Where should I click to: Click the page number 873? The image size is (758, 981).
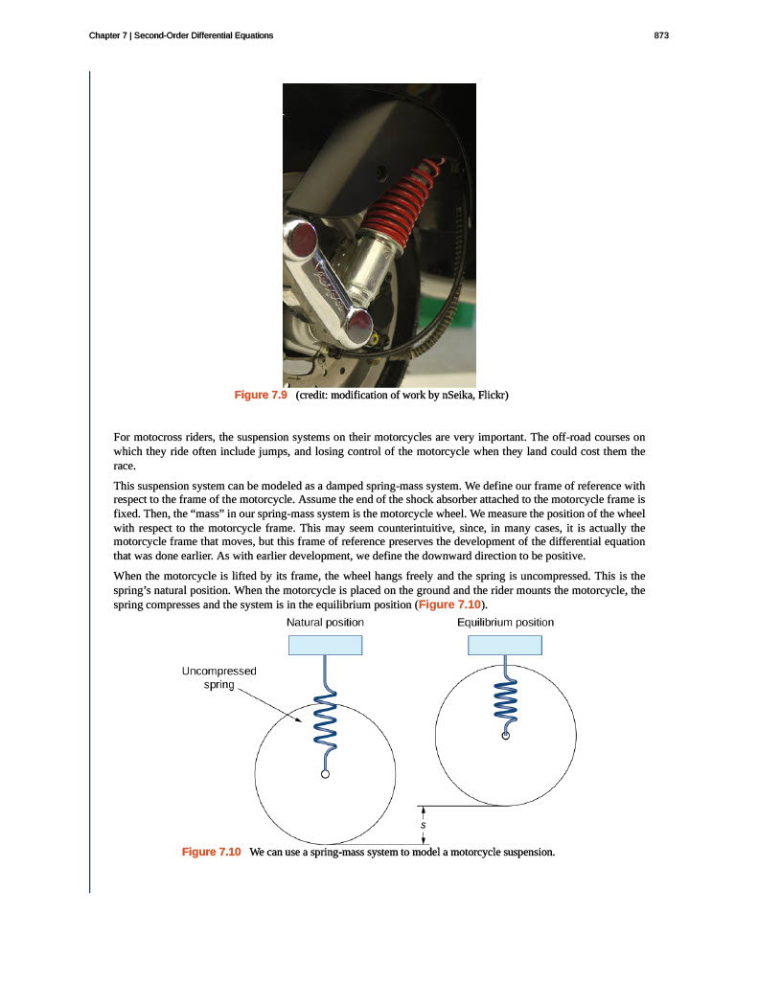660,35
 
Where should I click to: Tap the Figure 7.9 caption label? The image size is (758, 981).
261,396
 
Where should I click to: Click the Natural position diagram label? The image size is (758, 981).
325,623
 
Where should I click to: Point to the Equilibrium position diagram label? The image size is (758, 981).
505,623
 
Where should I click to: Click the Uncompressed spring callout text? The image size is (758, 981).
218,678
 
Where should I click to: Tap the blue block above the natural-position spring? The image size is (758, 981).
325,644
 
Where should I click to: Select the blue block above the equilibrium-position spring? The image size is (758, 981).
505,644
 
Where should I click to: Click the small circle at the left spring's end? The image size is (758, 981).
326,774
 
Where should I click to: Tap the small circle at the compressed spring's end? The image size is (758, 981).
506,737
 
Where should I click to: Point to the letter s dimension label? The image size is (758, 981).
423,824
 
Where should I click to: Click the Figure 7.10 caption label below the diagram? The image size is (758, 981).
211,852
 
